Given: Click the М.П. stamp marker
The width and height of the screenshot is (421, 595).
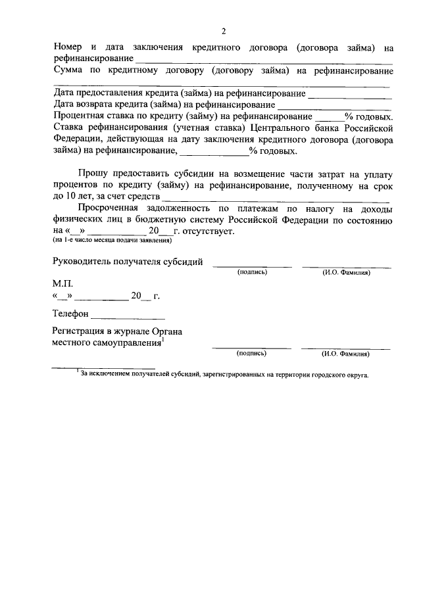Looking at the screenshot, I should coord(62,283).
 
